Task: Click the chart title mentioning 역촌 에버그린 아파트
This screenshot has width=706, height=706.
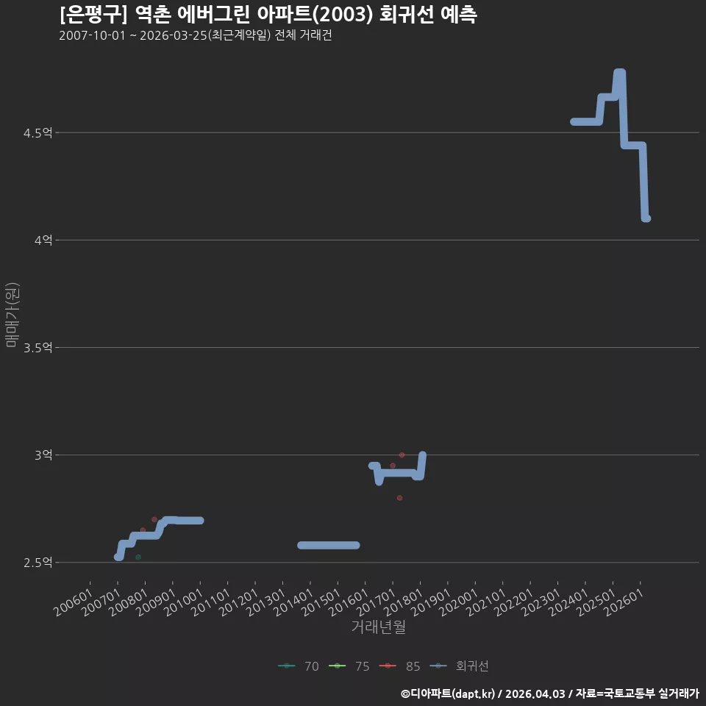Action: click(268, 15)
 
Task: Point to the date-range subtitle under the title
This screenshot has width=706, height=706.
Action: click(196, 35)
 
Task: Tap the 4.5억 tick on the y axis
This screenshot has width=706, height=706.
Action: click(38, 133)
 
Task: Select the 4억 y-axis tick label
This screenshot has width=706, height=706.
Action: click(43, 240)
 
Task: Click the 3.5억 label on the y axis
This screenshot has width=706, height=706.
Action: click(38, 348)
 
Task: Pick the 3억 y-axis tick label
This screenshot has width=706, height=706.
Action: click(43, 454)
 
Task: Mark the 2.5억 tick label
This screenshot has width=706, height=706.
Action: click(38, 563)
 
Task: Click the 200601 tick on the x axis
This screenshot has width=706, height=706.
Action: click(74, 602)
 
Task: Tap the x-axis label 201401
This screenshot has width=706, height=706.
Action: click(293, 602)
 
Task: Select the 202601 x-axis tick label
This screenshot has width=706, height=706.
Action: click(624, 602)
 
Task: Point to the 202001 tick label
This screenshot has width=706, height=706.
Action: click(459, 602)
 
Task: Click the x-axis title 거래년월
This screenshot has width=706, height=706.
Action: click(378, 627)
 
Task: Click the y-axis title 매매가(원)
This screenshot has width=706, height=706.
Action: click(13, 315)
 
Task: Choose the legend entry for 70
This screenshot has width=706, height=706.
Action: click(299, 666)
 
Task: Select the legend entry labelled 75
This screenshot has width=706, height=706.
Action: click(349, 666)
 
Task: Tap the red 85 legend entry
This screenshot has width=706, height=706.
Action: click(399, 666)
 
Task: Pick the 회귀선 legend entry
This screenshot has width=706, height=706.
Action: click(459, 666)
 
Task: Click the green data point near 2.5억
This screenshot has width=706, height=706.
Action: click(138, 557)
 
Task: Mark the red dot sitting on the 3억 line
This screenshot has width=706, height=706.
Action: click(402, 454)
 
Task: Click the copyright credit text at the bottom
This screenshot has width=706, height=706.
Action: click(550, 693)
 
